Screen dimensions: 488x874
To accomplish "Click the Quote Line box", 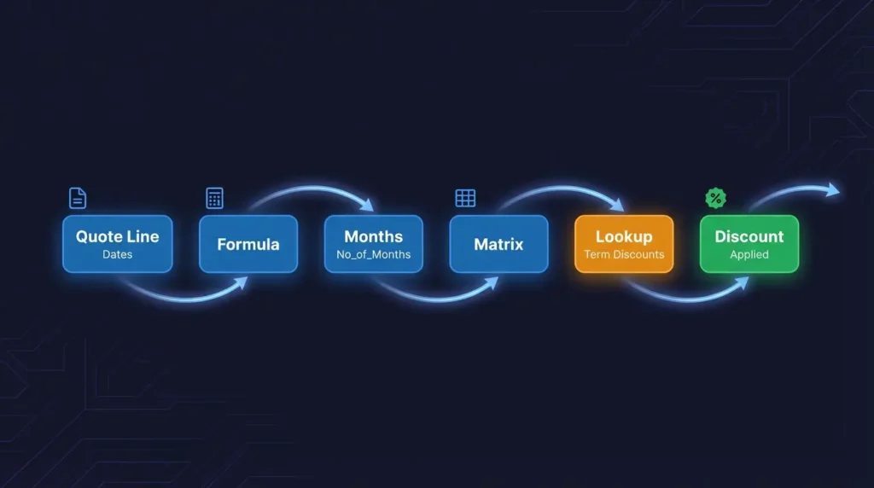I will (x=117, y=244).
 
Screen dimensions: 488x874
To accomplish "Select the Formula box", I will (x=248, y=244).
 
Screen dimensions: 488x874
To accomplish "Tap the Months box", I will (x=373, y=244).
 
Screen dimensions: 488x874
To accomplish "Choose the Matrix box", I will (x=498, y=244).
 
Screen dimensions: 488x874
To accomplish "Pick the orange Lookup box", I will (x=624, y=244).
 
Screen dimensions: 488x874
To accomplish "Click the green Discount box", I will (x=749, y=244).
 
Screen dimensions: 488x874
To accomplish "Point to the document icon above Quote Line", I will (x=78, y=199).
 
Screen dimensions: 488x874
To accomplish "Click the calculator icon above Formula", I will (x=214, y=199).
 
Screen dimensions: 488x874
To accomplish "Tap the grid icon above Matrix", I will (x=465, y=199).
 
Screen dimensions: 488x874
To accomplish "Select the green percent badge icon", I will (x=715, y=199).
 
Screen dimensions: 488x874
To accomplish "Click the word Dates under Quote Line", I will (x=117, y=254).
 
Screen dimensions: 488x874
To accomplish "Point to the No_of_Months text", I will (x=373, y=254).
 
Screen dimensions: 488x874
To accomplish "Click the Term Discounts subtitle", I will (x=624, y=254).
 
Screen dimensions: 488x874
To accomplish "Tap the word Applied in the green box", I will (x=749, y=254).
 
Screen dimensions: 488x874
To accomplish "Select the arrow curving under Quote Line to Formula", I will (x=184, y=297).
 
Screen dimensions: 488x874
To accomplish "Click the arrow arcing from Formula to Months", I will (x=312, y=189).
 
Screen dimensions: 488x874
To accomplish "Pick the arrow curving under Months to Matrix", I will (x=435, y=297).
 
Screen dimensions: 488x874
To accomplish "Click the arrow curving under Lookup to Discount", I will (x=687, y=297).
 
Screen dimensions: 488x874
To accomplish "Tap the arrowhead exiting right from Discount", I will (x=833, y=189).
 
